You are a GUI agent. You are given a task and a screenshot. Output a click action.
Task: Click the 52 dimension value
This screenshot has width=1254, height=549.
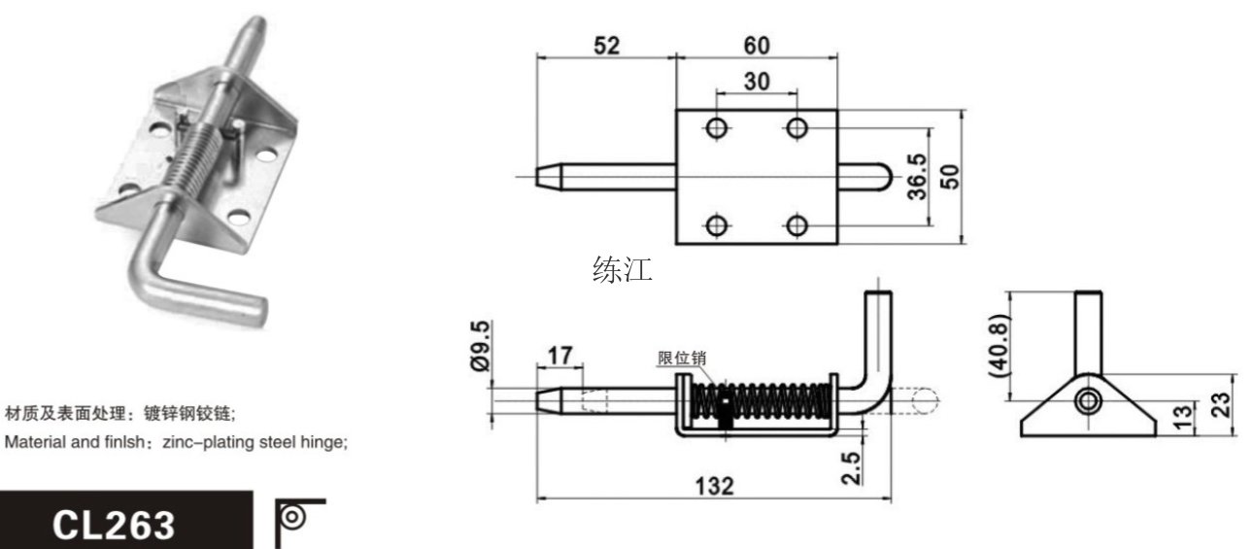click(x=607, y=46)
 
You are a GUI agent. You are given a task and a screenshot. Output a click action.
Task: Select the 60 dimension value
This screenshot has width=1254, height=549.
click(x=757, y=46)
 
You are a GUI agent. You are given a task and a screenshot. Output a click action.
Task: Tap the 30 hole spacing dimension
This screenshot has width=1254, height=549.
click(x=757, y=82)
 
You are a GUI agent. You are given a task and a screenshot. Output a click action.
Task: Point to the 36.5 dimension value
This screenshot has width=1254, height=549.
click(x=917, y=176)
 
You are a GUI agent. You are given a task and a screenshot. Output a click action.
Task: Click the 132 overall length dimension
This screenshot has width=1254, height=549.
click(x=714, y=486)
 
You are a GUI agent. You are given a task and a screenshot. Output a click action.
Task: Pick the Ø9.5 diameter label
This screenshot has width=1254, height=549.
click(x=480, y=346)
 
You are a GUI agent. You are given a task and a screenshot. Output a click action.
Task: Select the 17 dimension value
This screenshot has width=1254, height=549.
click(x=559, y=356)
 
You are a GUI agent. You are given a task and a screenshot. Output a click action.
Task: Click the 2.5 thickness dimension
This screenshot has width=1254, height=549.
click(x=851, y=467)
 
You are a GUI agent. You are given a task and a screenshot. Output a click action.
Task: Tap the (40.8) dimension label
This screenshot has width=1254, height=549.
click(x=1000, y=346)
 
